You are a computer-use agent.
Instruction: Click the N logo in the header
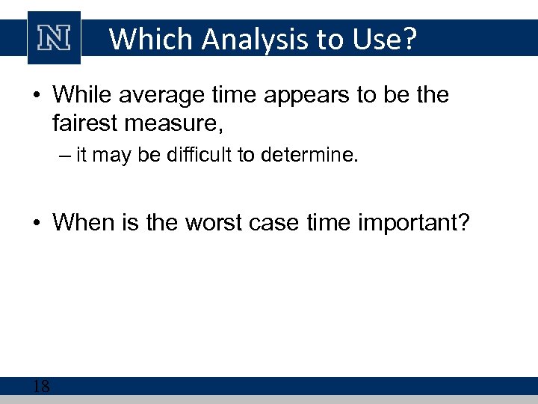(54, 37)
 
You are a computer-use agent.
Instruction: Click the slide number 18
(41, 386)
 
